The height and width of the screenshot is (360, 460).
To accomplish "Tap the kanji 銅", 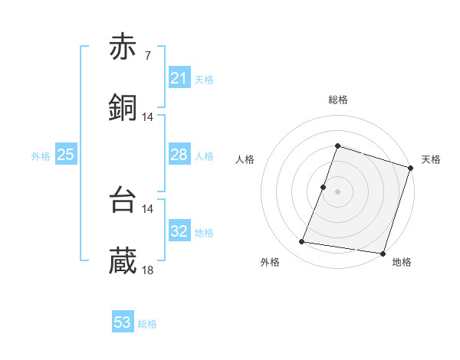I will tap(123, 108).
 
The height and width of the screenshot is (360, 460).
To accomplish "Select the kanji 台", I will tap(123, 201).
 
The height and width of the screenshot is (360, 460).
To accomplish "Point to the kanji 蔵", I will tap(123, 261).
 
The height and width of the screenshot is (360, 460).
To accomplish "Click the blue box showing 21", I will tap(179, 77).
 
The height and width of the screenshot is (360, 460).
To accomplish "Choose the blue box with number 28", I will tap(179, 155).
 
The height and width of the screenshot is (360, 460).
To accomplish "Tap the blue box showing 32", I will tap(179, 231).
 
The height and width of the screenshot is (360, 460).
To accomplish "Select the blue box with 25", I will tap(65, 155).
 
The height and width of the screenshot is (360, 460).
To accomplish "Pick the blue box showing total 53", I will tap(123, 322).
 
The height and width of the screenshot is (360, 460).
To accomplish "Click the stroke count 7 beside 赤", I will tap(147, 56).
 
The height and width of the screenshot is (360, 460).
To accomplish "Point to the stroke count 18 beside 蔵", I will tap(148, 270).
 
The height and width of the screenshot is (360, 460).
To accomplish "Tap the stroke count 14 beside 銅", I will tap(148, 116).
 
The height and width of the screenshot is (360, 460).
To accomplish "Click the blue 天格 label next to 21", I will tap(204, 79).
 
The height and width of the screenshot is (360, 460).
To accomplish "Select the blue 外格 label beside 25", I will tap(41, 156).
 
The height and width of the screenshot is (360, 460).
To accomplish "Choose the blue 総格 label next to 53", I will tap(147, 324).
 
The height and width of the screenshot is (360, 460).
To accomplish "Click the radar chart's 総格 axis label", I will tap(338, 100).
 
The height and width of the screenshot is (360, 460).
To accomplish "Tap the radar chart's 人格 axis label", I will tap(245, 159).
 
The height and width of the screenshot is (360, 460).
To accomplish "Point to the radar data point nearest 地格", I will tap(383, 253).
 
